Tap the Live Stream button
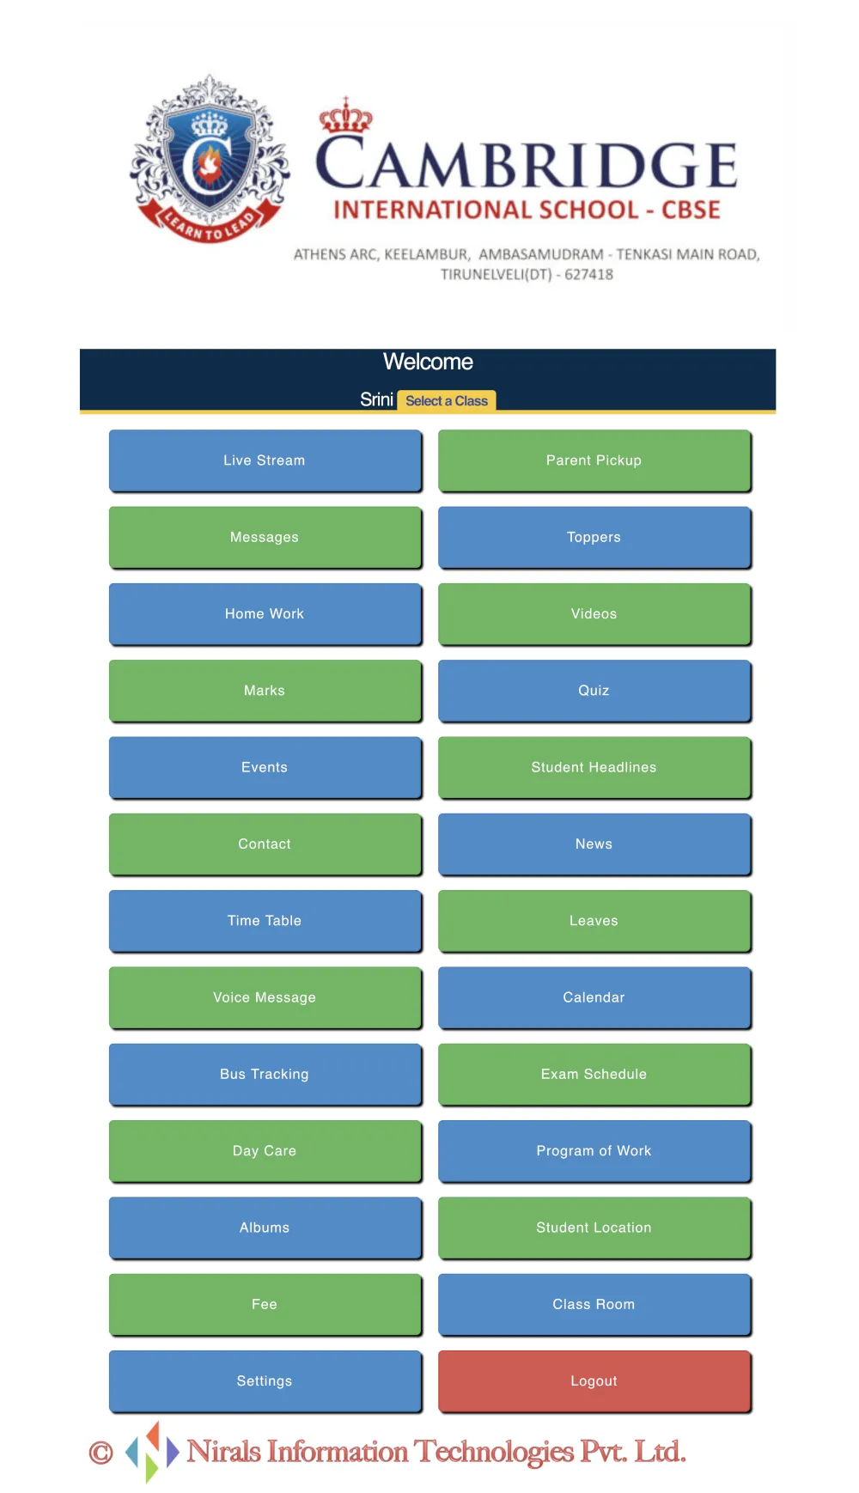[265, 460]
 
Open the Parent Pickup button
[594, 460]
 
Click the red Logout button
[594, 1381]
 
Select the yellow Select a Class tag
[447, 401]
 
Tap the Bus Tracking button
[265, 1074]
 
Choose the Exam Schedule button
[594, 1074]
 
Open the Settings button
[265, 1381]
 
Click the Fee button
[265, 1304]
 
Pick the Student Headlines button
[594, 767]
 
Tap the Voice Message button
[265, 997]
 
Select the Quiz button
[594, 691]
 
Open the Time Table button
[265, 921]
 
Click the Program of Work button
[594, 1151]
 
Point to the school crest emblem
[210, 159]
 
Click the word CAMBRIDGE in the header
[527, 163]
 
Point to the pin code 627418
[588, 275]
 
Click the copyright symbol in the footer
[101, 1453]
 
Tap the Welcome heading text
[428, 362]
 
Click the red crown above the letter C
[345, 115]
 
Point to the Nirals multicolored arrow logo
[152, 1452]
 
